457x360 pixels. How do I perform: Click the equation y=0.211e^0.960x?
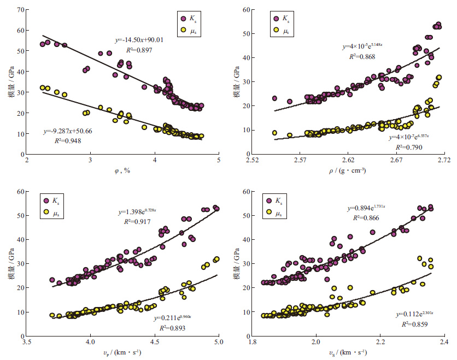click(164, 317)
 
